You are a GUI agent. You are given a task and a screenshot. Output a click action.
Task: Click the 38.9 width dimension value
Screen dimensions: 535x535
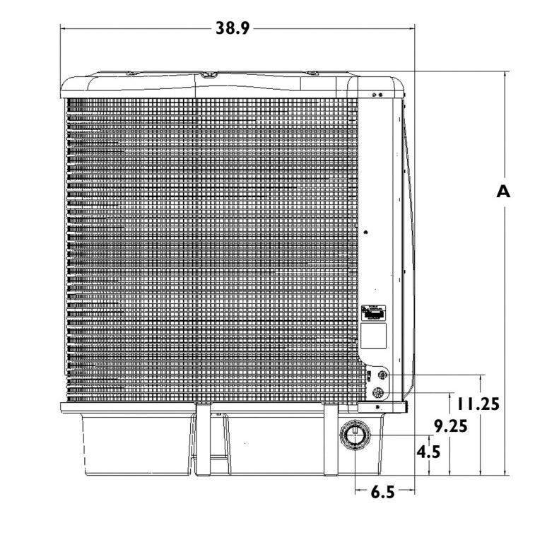coord(233,28)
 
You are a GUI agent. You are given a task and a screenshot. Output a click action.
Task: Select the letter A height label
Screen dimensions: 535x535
coord(502,192)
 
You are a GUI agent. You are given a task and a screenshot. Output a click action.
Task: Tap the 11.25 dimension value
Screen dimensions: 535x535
coord(478,404)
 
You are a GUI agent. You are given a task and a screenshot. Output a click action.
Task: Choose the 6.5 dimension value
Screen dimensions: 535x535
coord(382,492)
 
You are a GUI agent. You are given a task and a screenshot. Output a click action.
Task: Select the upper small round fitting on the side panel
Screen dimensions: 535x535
coord(382,376)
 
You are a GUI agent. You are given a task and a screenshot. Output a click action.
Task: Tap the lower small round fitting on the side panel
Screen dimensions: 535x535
coord(379,392)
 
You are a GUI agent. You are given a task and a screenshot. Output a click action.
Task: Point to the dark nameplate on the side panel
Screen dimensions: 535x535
coord(374,312)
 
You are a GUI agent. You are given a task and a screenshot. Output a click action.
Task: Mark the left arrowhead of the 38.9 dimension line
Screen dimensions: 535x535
coord(64,28)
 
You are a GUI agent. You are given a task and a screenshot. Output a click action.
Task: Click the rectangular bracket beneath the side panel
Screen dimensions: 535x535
coord(382,407)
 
